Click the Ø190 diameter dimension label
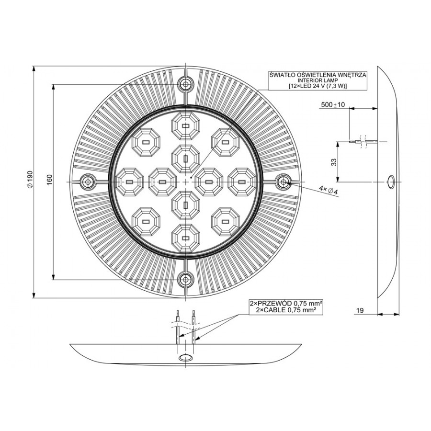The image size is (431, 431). (x=30, y=179)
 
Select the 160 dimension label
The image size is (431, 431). (x=49, y=180)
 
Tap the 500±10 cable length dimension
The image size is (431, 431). (x=333, y=105)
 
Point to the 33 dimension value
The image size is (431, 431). (x=334, y=162)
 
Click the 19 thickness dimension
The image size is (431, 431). (x=360, y=310)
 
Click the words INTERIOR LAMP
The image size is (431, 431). (x=318, y=80)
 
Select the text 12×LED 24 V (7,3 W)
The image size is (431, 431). (x=318, y=86)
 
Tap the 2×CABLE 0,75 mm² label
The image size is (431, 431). (x=285, y=310)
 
